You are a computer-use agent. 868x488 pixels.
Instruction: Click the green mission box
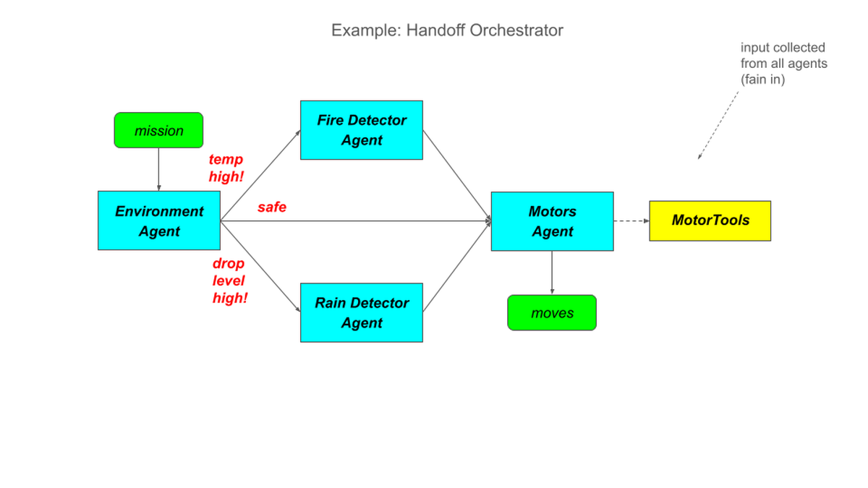(158, 130)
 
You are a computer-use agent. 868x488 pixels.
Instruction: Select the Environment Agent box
(159, 221)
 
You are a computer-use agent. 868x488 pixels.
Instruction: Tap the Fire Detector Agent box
(362, 130)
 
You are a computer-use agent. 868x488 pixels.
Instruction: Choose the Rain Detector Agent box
(362, 312)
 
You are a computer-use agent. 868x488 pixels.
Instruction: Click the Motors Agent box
(552, 221)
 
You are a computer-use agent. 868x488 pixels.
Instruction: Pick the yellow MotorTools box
(710, 221)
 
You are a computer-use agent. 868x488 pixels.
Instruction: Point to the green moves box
(552, 312)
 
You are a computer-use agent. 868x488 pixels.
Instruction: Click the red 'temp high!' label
(226, 168)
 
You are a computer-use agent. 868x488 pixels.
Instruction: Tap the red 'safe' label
(272, 207)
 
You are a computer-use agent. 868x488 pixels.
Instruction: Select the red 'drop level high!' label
(230, 281)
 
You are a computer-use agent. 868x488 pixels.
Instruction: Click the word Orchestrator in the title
(516, 30)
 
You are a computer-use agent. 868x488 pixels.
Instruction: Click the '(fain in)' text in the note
(762, 80)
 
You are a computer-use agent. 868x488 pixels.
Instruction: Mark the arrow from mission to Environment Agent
(158, 169)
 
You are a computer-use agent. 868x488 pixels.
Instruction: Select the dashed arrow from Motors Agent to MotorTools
(631, 221)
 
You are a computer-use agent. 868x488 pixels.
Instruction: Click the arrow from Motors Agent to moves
(552, 273)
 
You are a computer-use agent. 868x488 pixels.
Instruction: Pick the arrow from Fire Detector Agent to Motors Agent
(457, 176)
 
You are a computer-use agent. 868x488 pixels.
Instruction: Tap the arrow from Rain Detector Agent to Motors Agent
(457, 266)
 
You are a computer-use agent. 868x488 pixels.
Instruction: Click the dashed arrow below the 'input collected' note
(718, 125)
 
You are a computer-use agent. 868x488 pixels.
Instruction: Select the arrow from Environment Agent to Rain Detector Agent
(260, 267)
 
